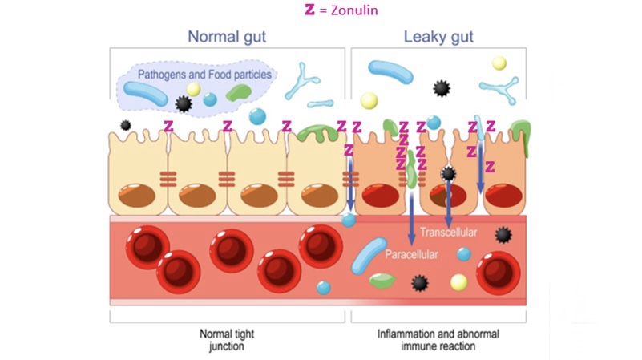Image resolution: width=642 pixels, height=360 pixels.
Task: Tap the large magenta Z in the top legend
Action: click(309, 10)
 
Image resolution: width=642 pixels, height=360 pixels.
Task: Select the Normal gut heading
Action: click(227, 36)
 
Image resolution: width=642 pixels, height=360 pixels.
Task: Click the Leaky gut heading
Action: click(438, 36)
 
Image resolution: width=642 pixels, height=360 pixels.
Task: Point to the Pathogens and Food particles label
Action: click(204, 75)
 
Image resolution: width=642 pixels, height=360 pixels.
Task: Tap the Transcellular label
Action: click(449, 233)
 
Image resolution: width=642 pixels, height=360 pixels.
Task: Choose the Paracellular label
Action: click(411, 255)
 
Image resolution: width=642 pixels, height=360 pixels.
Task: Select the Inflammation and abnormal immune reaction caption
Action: click(438, 338)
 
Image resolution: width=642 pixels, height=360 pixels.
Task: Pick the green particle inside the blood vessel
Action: click(382, 281)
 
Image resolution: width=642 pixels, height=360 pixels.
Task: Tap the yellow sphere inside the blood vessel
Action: click(458, 282)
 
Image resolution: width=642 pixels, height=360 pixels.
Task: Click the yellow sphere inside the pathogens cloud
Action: click(193, 90)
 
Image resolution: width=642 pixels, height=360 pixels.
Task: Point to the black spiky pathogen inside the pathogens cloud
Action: click(184, 103)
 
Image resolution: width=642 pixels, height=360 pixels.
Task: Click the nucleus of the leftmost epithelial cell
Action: click(137, 195)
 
